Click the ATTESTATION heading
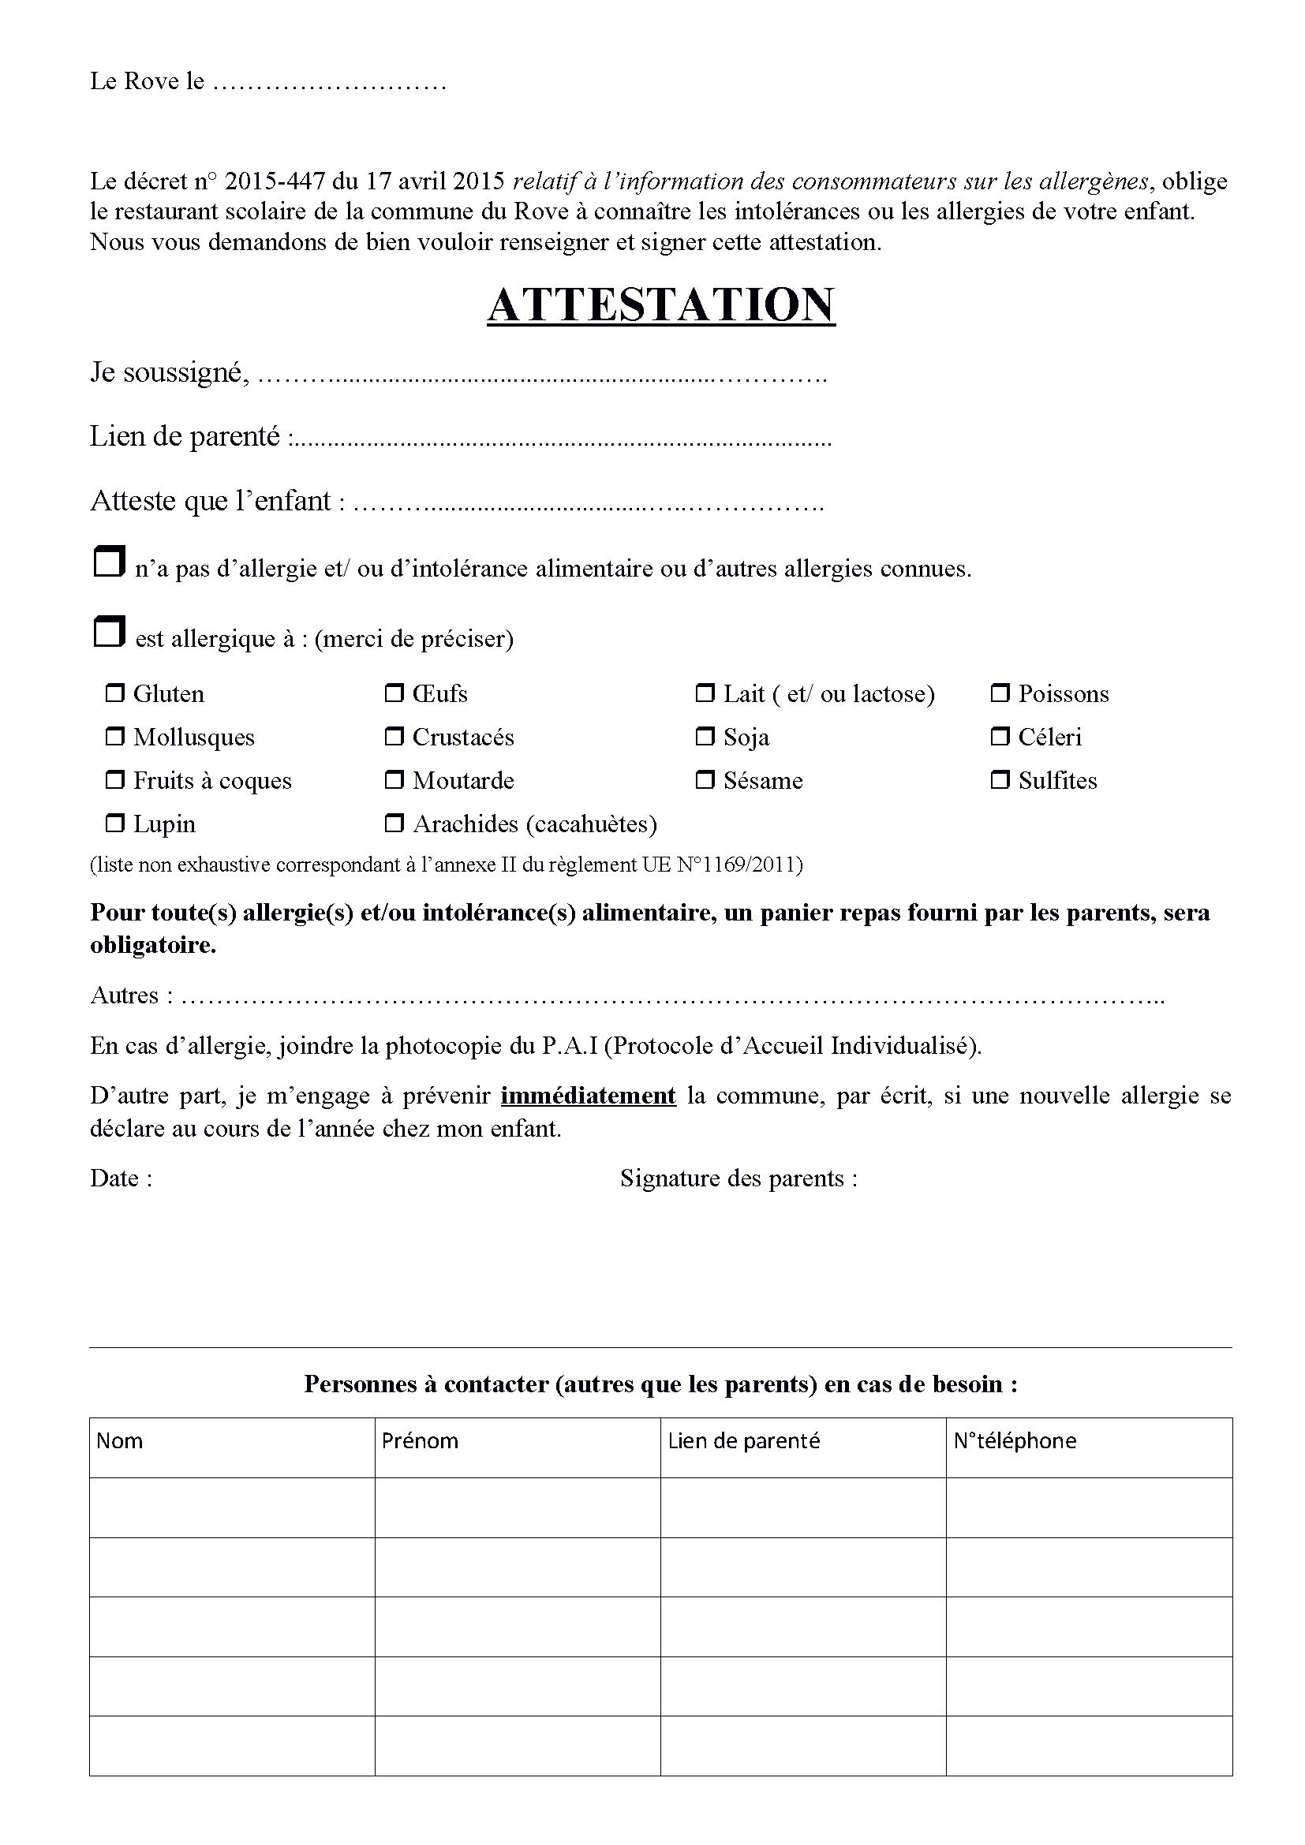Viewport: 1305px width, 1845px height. pyautogui.click(x=660, y=305)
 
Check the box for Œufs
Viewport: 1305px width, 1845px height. pyautogui.click(x=394, y=693)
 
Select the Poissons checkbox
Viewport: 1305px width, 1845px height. pyautogui.click(x=1000, y=693)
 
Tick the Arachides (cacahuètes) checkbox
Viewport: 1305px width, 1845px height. pyautogui.click(x=394, y=823)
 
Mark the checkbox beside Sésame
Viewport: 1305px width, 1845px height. pyautogui.click(x=705, y=779)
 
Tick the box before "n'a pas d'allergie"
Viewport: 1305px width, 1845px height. pyautogui.click(x=110, y=562)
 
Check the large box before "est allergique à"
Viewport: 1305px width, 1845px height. pyautogui.click(x=110, y=632)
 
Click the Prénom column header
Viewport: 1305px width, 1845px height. pyautogui.click(x=421, y=1441)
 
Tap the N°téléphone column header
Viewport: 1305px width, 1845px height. pyautogui.click(x=1015, y=1441)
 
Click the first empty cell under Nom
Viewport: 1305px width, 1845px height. pyautogui.click(x=231, y=1507)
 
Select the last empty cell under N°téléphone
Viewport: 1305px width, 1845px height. pyautogui.click(x=1089, y=1746)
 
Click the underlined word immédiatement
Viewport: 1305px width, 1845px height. pyautogui.click(x=589, y=1096)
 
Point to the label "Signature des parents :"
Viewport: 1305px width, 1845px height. pyautogui.click(x=739, y=1178)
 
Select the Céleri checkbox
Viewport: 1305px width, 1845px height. pyautogui.click(x=1000, y=736)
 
